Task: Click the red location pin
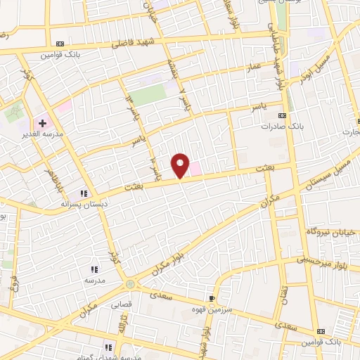click(181, 165)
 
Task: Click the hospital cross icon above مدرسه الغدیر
click(42, 123)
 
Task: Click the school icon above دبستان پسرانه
click(84, 193)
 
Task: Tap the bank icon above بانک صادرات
click(283, 115)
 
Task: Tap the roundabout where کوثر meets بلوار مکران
click(129, 284)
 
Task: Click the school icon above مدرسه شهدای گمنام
click(109, 347)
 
